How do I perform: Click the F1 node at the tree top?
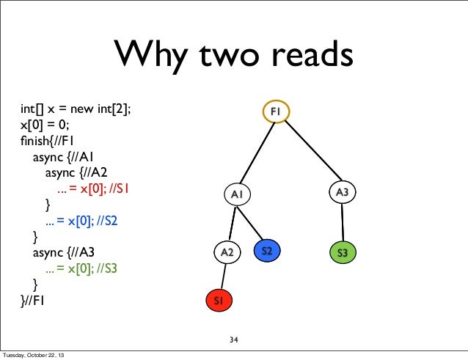click(x=277, y=111)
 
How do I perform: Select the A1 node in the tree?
click(x=236, y=194)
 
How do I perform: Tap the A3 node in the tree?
click(x=342, y=192)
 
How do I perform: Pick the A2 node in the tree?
click(x=227, y=252)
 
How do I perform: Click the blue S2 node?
click(x=268, y=251)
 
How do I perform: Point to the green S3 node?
click(x=342, y=253)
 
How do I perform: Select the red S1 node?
click(x=219, y=301)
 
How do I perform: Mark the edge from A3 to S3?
click(x=342, y=222)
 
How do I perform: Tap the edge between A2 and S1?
click(x=223, y=276)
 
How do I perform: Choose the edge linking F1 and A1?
click(x=257, y=152)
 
